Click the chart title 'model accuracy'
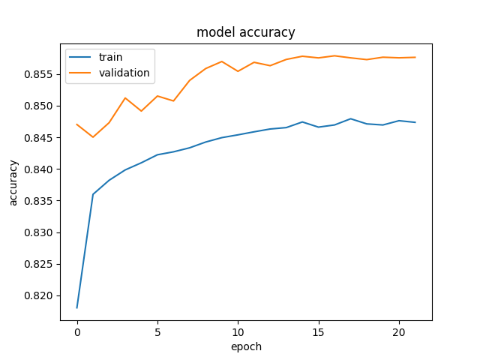click(245, 32)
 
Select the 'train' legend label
click(110, 57)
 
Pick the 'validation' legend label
click(124, 73)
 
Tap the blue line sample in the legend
click(80, 57)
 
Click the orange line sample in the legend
click(80, 73)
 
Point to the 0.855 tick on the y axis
click(38, 75)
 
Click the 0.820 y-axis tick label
click(38, 296)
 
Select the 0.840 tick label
click(38, 169)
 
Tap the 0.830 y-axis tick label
click(38, 233)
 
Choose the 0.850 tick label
click(38, 106)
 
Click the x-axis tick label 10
click(238, 332)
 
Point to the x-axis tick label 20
click(399, 332)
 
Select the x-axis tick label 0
click(77, 332)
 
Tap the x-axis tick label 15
click(318, 332)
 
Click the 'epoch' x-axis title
click(246, 346)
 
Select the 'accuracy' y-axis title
click(13, 183)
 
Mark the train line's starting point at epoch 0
click(76, 308)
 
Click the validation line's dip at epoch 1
click(93, 136)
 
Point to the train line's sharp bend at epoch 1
click(93, 194)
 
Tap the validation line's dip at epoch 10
click(238, 71)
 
